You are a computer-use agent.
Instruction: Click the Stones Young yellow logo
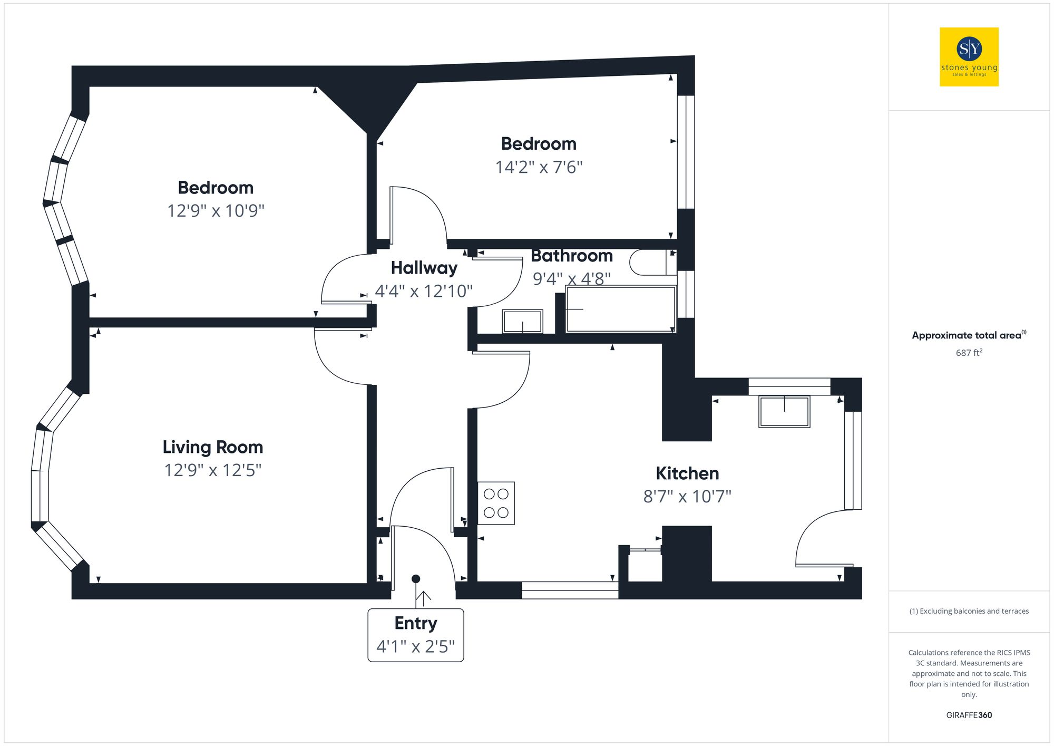pyautogui.click(x=969, y=57)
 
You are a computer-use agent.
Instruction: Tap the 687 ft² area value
pyautogui.click(x=969, y=353)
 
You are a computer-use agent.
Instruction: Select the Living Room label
pyautogui.click(x=212, y=447)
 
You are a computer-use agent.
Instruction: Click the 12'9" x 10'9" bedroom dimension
pyautogui.click(x=216, y=211)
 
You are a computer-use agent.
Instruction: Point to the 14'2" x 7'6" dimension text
pyautogui.click(x=539, y=167)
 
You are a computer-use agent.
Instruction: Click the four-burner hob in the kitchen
pyautogui.click(x=496, y=503)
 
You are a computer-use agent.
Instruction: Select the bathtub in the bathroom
pyautogui.click(x=620, y=309)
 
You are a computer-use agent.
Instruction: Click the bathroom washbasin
pyautogui.click(x=522, y=321)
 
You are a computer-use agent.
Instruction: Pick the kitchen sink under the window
pyautogui.click(x=784, y=412)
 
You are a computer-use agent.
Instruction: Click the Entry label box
pyautogui.click(x=415, y=635)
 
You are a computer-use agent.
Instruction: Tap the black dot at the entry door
pyautogui.click(x=415, y=579)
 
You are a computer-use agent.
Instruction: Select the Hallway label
pyautogui.click(x=424, y=268)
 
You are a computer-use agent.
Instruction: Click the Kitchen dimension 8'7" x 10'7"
pyautogui.click(x=687, y=497)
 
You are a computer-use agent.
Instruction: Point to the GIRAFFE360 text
pyautogui.click(x=969, y=715)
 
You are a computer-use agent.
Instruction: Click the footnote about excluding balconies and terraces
pyautogui.click(x=969, y=611)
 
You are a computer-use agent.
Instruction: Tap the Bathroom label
pyautogui.click(x=572, y=256)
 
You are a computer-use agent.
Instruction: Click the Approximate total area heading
pyautogui.click(x=969, y=335)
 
